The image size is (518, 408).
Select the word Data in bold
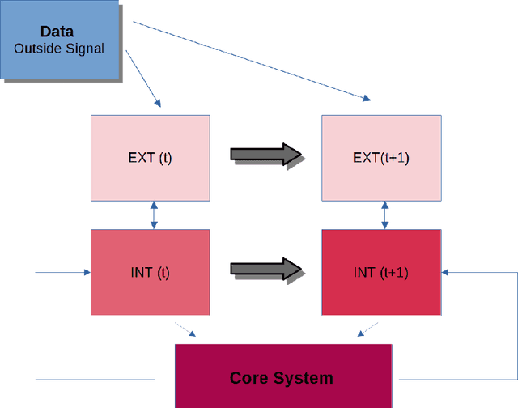click(x=57, y=32)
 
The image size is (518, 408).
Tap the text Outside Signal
click(x=59, y=49)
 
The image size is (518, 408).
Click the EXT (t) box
click(x=150, y=158)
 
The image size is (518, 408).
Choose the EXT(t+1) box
click(x=381, y=158)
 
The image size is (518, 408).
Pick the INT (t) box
click(x=150, y=272)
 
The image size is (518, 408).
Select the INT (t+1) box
click(x=381, y=272)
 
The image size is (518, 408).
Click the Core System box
click(x=282, y=377)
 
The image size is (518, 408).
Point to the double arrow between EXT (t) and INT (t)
click(x=153, y=215)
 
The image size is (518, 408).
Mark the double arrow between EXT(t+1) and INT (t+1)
click(x=384, y=215)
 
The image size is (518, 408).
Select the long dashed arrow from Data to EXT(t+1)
click(x=251, y=62)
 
